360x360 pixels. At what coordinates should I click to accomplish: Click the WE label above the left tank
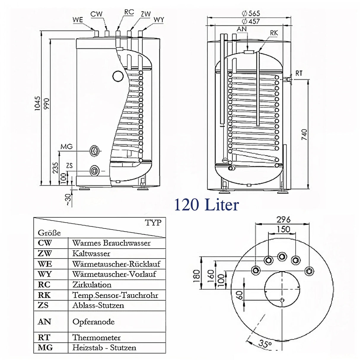(78, 20)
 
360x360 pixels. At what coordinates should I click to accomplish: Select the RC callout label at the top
(129, 12)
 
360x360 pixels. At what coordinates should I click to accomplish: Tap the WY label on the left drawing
(159, 20)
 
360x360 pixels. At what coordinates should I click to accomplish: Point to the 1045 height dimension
(37, 103)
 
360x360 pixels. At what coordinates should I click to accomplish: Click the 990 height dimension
(47, 103)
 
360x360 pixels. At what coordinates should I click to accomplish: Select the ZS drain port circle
(95, 171)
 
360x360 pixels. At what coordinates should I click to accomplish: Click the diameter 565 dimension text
(251, 13)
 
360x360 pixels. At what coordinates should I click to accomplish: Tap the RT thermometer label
(299, 73)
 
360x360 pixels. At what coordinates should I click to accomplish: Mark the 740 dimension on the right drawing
(304, 135)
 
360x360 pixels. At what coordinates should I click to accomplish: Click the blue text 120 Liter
(206, 205)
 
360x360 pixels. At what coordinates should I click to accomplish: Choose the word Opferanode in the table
(93, 322)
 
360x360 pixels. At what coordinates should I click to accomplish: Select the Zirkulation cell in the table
(92, 285)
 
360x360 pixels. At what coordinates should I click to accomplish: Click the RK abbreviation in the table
(44, 295)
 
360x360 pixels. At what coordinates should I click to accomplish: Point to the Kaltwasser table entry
(91, 254)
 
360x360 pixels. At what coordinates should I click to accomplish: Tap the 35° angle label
(265, 344)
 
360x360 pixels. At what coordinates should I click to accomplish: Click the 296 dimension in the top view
(283, 220)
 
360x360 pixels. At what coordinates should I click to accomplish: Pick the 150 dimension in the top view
(283, 229)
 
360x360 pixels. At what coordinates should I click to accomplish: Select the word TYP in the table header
(153, 223)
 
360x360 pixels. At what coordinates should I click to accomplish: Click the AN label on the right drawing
(242, 29)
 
